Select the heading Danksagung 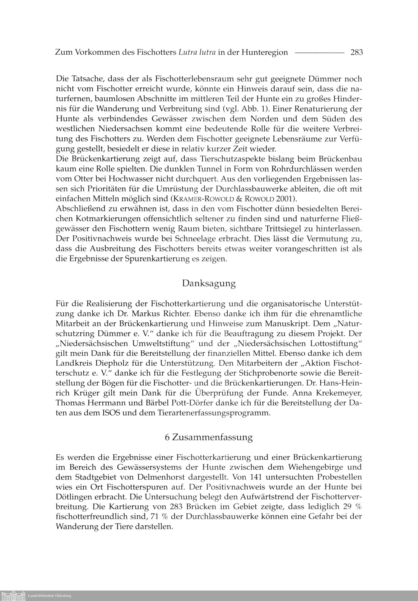[x=209, y=284]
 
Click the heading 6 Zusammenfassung [x=209, y=437]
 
